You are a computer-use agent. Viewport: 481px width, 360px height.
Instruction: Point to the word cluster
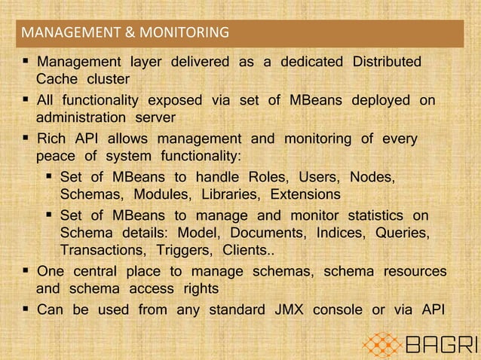click(x=107, y=79)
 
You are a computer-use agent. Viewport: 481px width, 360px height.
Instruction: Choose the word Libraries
click(x=214, y=194)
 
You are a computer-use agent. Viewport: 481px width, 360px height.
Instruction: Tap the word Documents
click(x=268, y=233)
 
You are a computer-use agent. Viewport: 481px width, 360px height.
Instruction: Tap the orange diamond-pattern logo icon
click(x=384, y=345)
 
